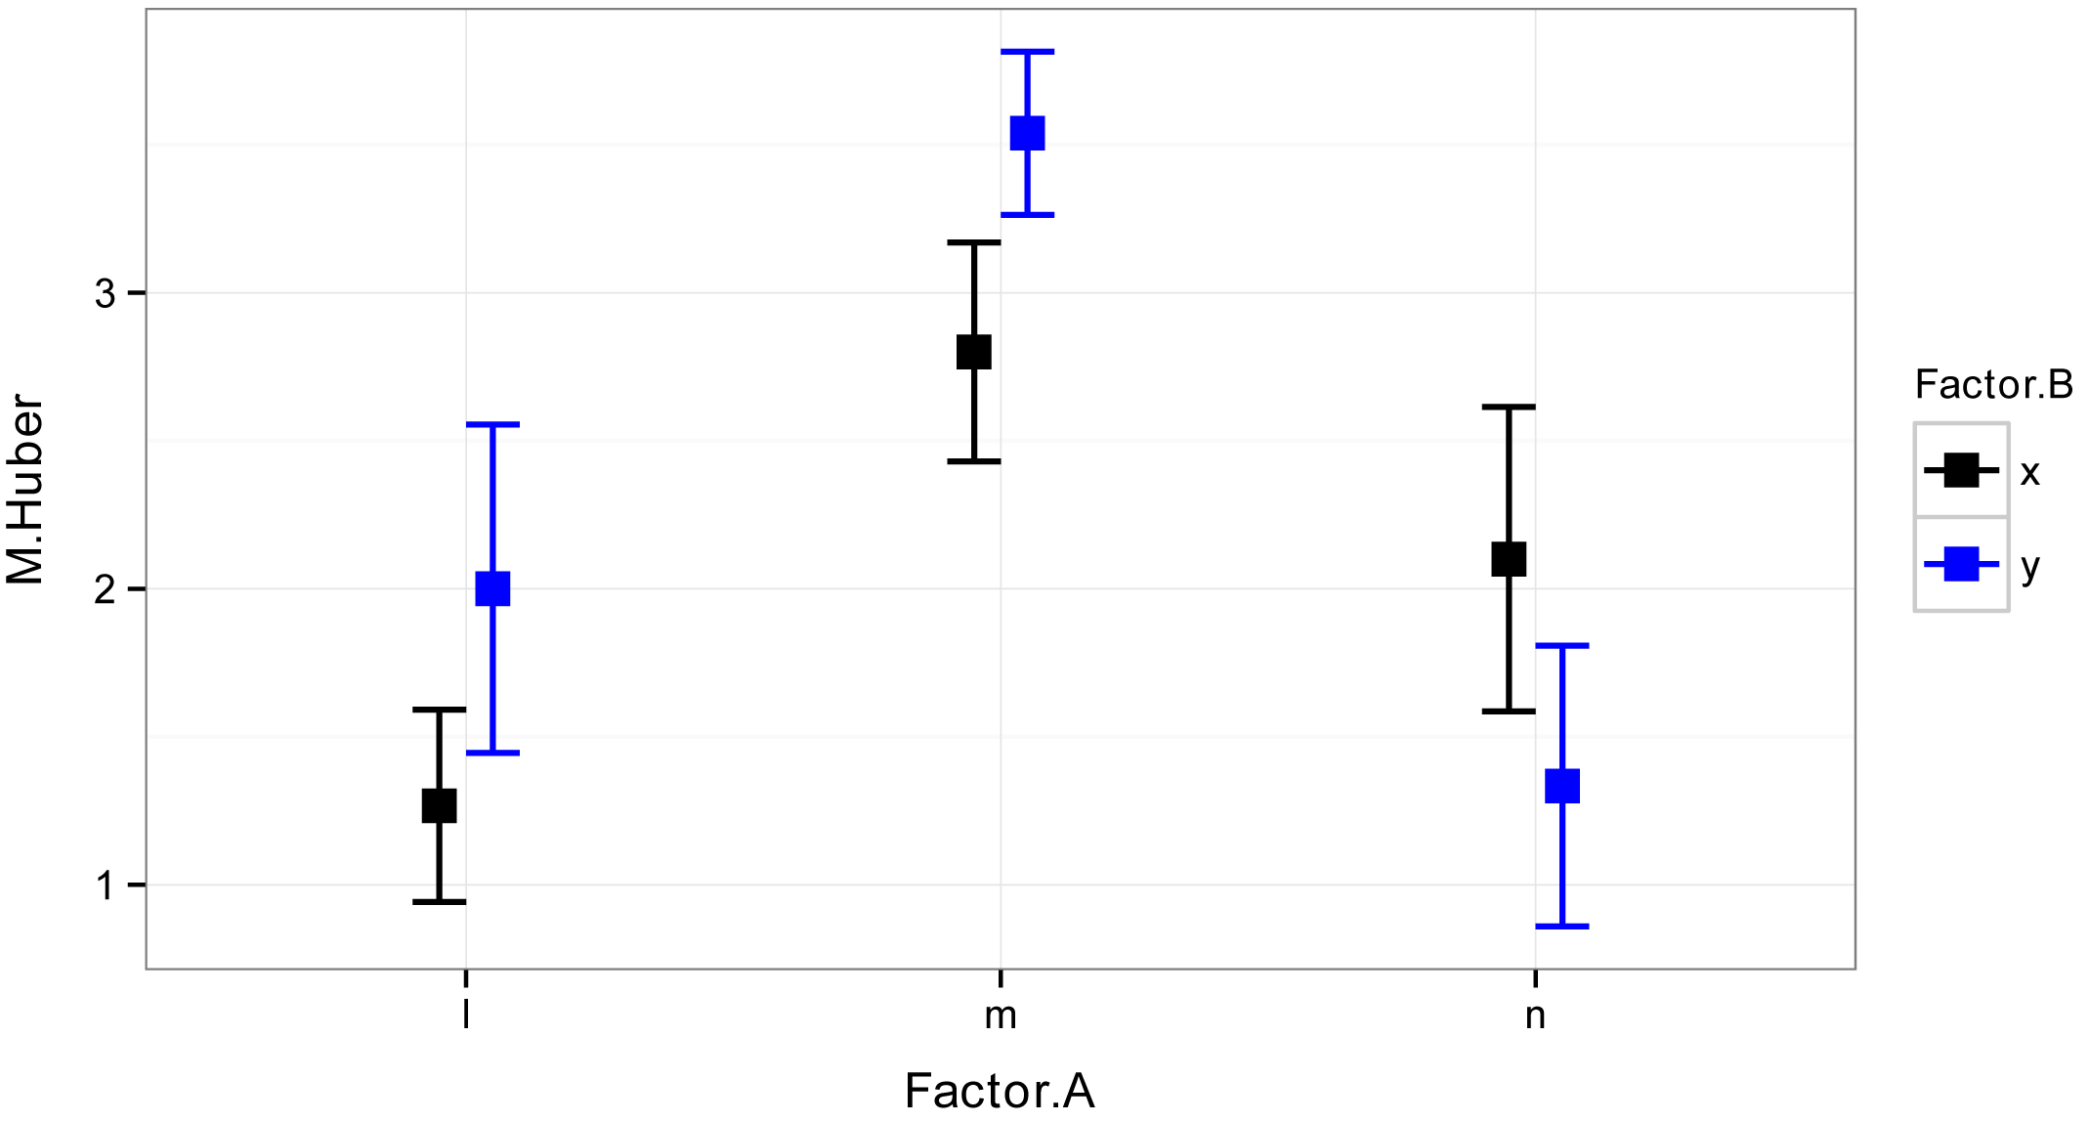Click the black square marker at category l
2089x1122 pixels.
pos(439,805)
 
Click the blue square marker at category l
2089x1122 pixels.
pos(492,588)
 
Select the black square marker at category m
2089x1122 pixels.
pos(974,352)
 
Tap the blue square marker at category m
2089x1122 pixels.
pos(1027,133)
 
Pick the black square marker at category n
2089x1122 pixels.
pos(1509,559)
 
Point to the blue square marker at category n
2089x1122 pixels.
pos(1562,786)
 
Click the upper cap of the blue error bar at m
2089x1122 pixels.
pos(1027,51)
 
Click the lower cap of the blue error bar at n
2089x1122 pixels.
pos(1562,926)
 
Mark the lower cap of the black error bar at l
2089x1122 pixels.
pos(439,901)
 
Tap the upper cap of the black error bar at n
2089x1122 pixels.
pos(1509,407)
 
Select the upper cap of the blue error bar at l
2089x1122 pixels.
pos(492,424)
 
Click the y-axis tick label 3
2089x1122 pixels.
pos(106,293)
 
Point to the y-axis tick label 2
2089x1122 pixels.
pos(106,589)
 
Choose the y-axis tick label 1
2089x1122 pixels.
pos(106,885)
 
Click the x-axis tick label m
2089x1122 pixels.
pos(1001,1016)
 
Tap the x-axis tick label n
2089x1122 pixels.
pos(1535,1016)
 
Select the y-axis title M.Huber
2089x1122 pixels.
pos(26,490)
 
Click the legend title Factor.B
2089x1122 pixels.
pos(1993,385)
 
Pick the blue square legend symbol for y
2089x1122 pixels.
pos(1961,565)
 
